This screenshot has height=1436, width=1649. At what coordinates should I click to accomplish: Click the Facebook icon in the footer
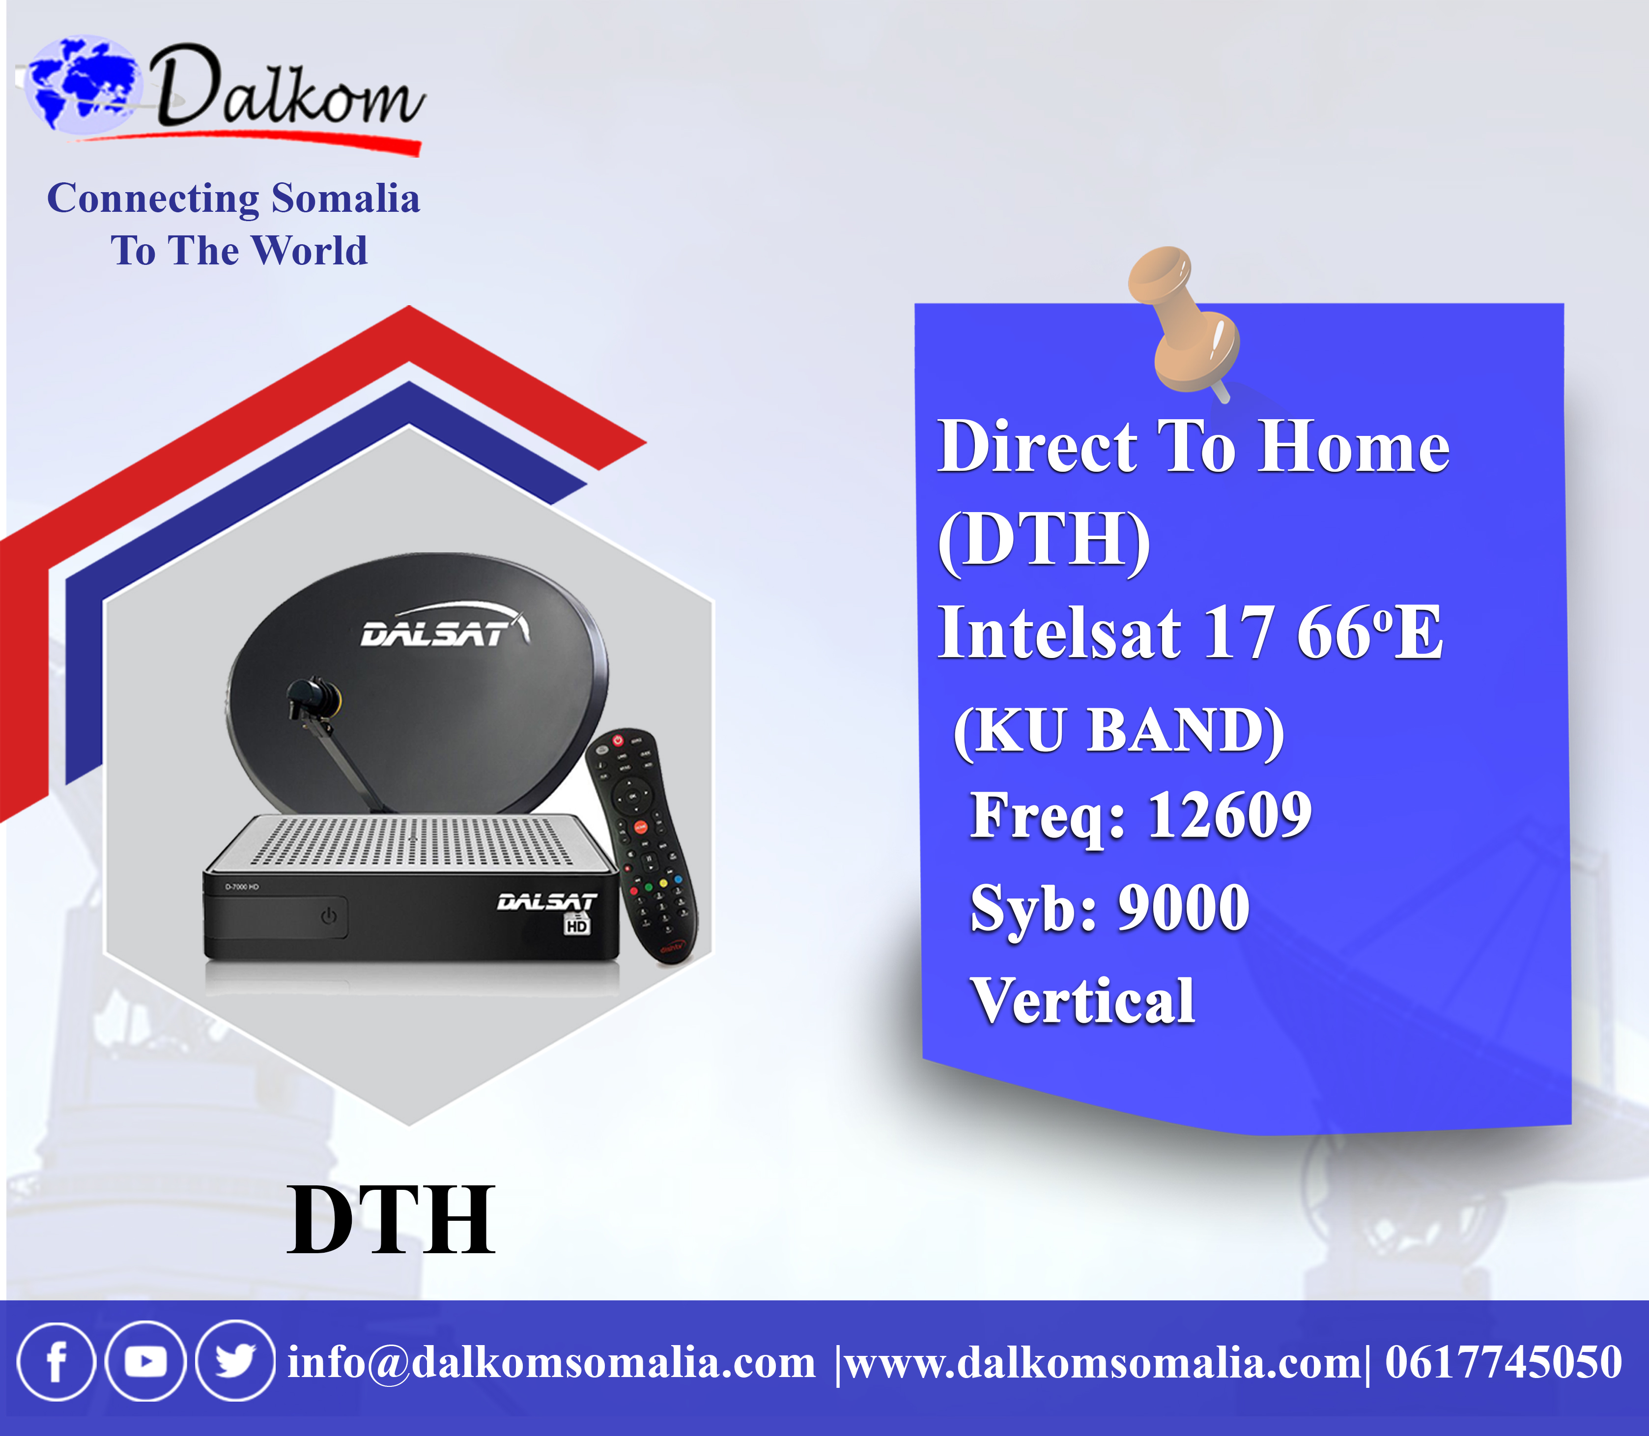pos(56,1361)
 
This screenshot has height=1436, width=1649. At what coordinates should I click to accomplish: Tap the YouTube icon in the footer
pos(146,1361)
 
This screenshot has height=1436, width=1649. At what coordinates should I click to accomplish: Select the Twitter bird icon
pos(235,1361)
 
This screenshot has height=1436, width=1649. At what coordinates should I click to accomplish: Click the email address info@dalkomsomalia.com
pos(551,1362)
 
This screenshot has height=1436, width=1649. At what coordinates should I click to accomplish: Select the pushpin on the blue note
pos(1184,322)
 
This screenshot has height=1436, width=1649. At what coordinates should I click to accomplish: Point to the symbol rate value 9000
pos(1184,907)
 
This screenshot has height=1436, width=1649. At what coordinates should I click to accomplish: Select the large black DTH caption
pos(391,1220)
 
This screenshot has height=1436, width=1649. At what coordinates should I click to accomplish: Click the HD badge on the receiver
pos(577,925)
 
